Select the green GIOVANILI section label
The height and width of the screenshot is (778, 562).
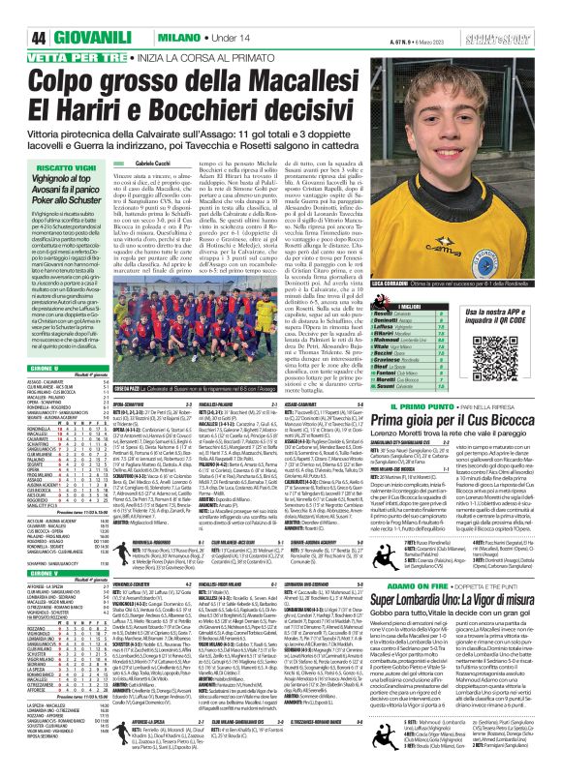click(67, 13)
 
